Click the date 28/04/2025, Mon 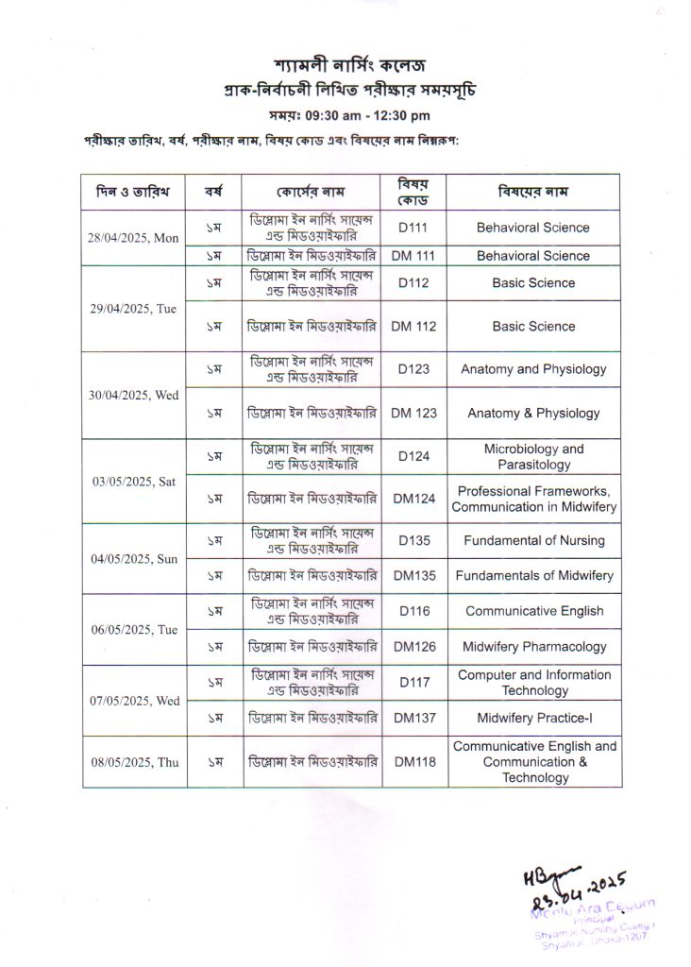(133, 238)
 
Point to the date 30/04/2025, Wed (133, 396)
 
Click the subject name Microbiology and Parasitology (533, 457)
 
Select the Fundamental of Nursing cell (533, 541)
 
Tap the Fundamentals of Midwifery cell (533, 575)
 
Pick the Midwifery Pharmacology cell (533, 647)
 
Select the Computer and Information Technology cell (533, 683)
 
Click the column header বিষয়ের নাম (533, 192)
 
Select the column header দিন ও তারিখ (133, 192)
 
